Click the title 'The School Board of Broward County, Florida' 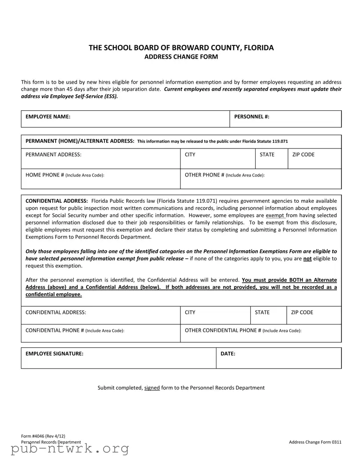click(181, 48)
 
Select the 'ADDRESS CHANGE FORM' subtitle click(181, 57)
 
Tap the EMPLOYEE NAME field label click(48, 116)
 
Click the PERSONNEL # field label click(252, 116)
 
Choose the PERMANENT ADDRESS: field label click(54, 155)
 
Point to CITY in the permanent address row click(190, 155)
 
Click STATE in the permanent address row click(267, 155)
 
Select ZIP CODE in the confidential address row click(302, 313)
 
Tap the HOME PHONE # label click(65, 175)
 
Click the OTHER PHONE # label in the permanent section click(224, 175)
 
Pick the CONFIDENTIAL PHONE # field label click(75, 330)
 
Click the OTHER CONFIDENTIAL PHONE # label click(243, 330)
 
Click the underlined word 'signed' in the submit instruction click(152, 388)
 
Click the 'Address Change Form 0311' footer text click(315, 442)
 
